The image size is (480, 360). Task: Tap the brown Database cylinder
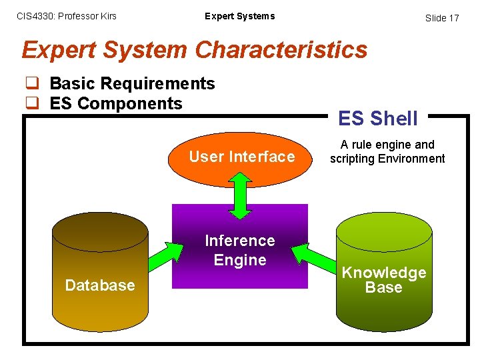pyautogui.click(x=100, y=260)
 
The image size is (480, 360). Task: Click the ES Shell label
pyautogui.click(x=378, y=119)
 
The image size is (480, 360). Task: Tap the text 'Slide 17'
pyautogui.click(x=442, y=18)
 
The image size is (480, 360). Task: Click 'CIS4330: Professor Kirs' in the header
pyautogui.click(x=66, y=16)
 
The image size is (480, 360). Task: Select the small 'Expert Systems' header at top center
pyautogui.click(x=239, y=16)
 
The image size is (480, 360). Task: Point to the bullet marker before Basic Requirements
pyautogui.click(x=31, y=84)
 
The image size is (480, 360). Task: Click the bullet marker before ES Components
pyautogui.click(x=31, y=104)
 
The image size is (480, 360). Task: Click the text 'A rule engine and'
pyautogui.click(x=387, y=145)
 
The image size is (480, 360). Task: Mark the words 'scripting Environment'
pyautogui.click(x=387, y=159)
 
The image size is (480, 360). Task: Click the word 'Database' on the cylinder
pyautogui.click(x=100, y=285)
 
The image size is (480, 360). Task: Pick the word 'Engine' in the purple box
pyautogui.click(x=240, y=260)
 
